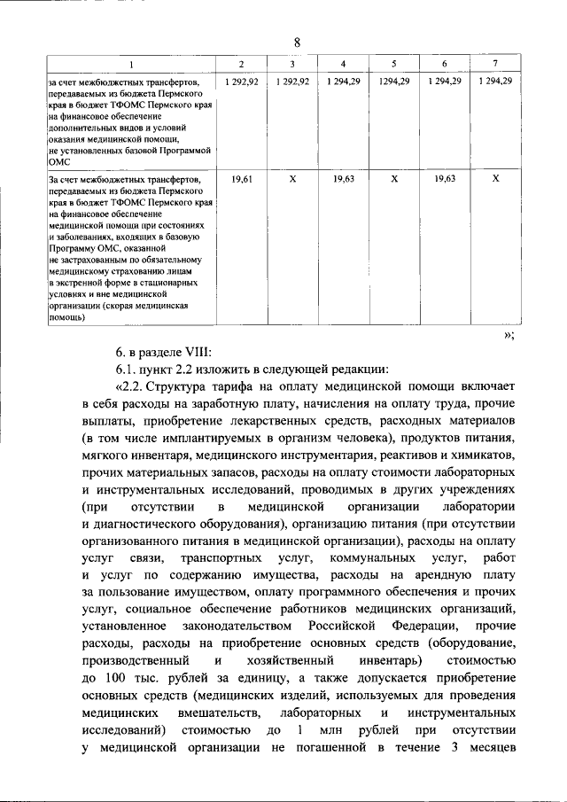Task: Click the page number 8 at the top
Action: pyautogui.click(x=297, y=43)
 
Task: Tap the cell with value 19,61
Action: pyautogui.click(x=241, y=179)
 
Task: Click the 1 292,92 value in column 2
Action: pyautogui.click(x=241, y=82)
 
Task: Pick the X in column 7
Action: pyautogui.click(x=495, y=179)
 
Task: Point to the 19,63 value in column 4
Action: pyautogui.click(x=343, y=179)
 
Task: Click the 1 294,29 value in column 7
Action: pyautogui.click(x=495, y=82)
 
